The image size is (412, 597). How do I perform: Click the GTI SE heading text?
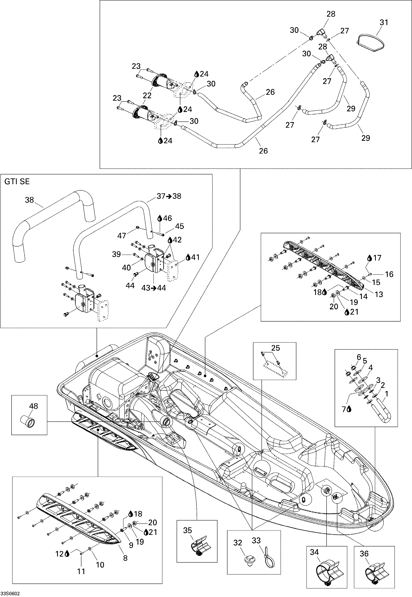[x=17, y=182]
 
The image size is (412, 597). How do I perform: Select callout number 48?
[x=33, y=406]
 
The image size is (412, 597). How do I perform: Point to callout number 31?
[x=384, y=22]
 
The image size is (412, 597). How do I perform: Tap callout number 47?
[x=122, y=236]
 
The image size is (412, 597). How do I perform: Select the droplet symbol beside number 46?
[x=160, y=218]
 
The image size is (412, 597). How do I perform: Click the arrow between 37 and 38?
[x=169, y=196]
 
